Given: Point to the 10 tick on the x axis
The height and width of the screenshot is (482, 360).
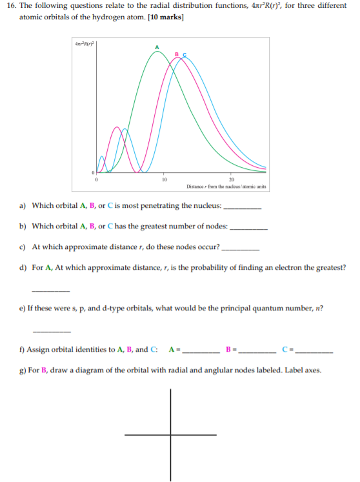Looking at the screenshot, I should coord(165,179).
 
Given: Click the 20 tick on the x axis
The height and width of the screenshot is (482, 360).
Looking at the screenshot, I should coord(230,179).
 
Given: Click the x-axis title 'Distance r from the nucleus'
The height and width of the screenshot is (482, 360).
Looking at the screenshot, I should coord(226,186).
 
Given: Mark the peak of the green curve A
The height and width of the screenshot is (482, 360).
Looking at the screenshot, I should coord(157,52).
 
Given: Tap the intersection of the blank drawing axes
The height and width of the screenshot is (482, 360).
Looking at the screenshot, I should coord(171,435).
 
